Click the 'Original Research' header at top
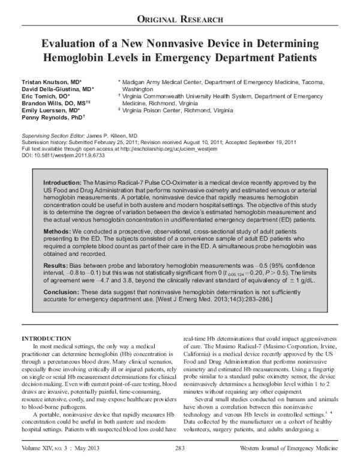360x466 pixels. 180,19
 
